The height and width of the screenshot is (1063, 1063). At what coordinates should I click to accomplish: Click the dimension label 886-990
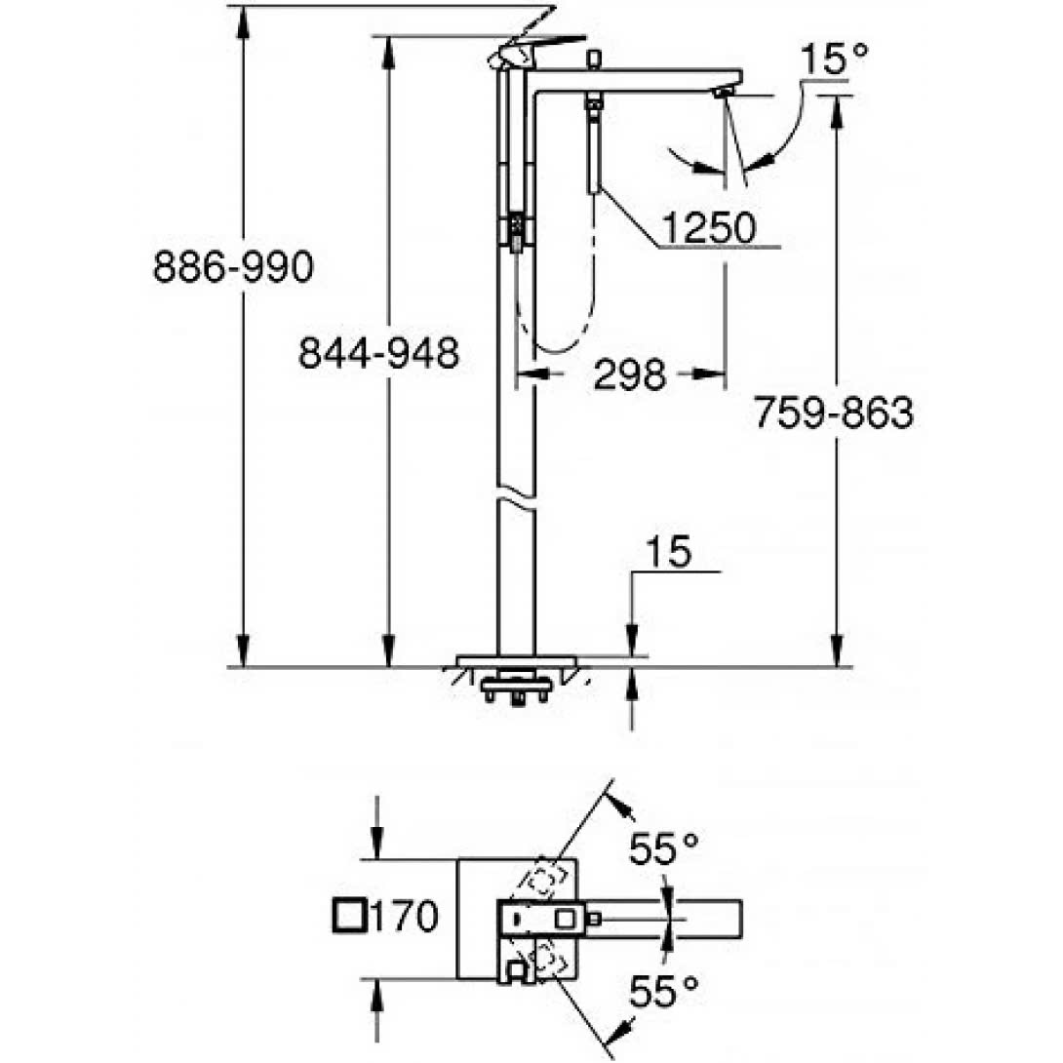tap(233, 266)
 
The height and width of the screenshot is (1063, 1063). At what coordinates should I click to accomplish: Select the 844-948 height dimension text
tap(378, 354)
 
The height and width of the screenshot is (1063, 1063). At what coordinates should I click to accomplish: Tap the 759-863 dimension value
tap(833, 413)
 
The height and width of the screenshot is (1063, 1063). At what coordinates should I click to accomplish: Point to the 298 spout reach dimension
tap(629, 374)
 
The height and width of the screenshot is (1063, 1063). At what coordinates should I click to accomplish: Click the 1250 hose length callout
tap(708, 228)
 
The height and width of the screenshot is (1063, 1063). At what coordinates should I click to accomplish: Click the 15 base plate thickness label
tap(669, 552)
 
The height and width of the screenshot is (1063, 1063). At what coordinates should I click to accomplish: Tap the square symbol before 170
tap(349, 917)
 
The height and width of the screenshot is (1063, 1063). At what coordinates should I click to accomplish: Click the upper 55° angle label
tap(663, 850)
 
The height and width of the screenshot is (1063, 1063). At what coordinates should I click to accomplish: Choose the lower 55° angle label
tap(663, 993)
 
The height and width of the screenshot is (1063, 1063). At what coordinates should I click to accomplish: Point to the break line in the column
tap(516, 495)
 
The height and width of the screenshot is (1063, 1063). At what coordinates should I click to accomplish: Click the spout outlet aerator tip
tap(723, 93)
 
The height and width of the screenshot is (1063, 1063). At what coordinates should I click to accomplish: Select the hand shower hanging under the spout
tap(593, 146)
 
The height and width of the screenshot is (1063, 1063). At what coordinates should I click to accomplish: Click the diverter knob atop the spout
tap(591, 60)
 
